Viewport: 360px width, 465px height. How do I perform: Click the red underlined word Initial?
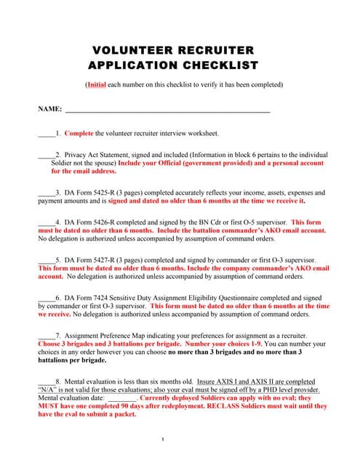(x=97, y=85)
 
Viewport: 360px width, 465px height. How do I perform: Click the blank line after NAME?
(x=167, y=110)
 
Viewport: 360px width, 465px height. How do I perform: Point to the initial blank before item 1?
(x=46, y=134)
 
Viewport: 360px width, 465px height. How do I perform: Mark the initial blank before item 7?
(x=46, y=336)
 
